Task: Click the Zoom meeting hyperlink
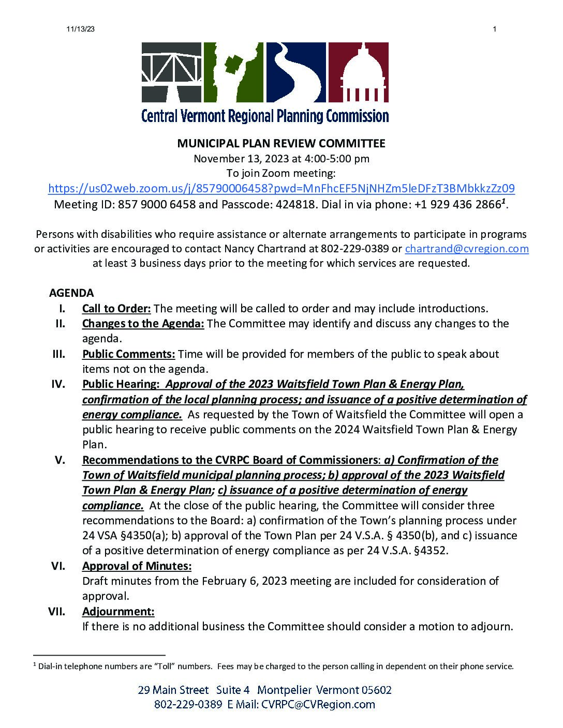tap(281, 188)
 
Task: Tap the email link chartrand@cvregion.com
tap(466, 249)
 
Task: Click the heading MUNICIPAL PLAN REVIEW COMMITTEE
tap(281, 143)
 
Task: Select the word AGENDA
tap(71, 293)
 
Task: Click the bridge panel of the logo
tap(171, 72)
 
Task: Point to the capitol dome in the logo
tap(358, 72)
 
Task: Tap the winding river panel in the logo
tap(295, 72)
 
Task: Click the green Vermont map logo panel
tap(233, 72)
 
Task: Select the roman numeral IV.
tap(58, 384)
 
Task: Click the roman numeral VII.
tap(57, 612)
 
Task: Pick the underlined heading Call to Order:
tap(116, 309)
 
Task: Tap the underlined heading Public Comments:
tap(128, 354)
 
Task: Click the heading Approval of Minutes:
tap(137, 566)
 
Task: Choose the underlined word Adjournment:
tap(118, 612)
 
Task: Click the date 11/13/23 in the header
tap(81, 29)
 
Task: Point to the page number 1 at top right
tap(495, 29)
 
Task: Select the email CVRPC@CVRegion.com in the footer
tap(318, 704)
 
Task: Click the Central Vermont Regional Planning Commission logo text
tap(265, 115)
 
